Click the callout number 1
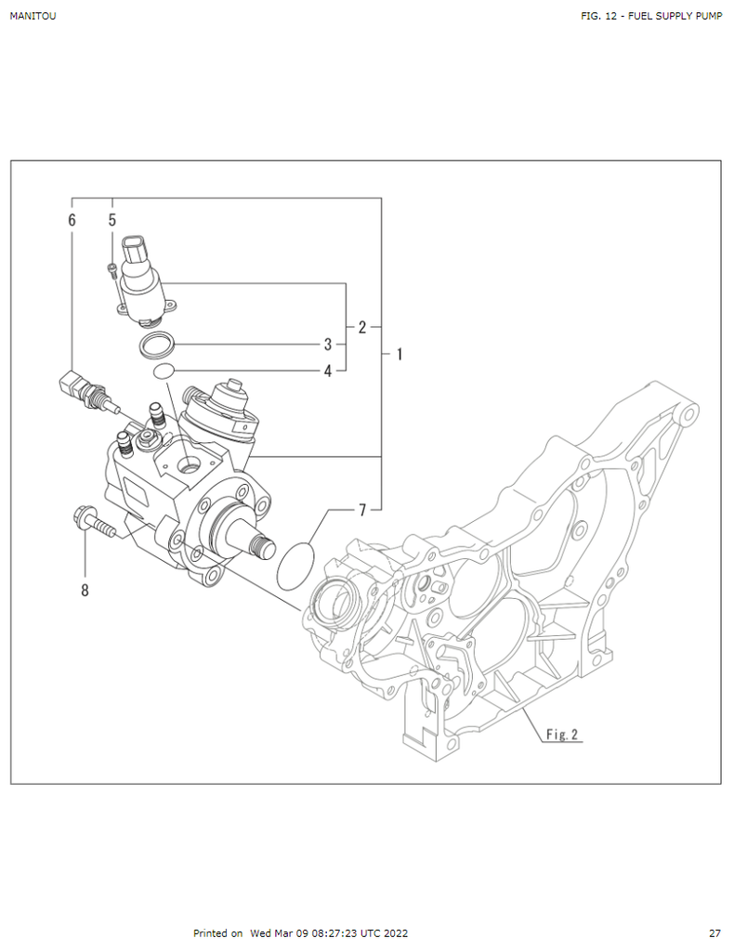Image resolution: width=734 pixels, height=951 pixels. [x=399, y=354]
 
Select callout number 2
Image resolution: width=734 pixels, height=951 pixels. [x=362, y=327]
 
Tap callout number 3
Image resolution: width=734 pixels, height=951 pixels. [x=328, y=345]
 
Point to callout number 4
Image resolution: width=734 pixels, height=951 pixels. [x=328, y=371]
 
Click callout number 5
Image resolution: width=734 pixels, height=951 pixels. [x=112, y=220]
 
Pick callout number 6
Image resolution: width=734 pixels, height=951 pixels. [x=72, y=220]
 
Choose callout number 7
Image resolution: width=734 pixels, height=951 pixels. [x=363, y=509]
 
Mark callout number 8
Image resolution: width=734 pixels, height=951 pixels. [x=85, y=590]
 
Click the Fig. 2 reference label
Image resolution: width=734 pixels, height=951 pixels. [x=562, y=735]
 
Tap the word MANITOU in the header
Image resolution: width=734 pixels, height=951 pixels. [x=33, y=16]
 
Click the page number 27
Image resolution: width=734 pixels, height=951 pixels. [x=714, y=933]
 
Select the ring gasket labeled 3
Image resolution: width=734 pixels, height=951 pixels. [x=157, y=345]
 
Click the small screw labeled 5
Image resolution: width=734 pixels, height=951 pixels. [x=112, y=270]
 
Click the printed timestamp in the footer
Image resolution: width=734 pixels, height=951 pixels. [x=300, y=933]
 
